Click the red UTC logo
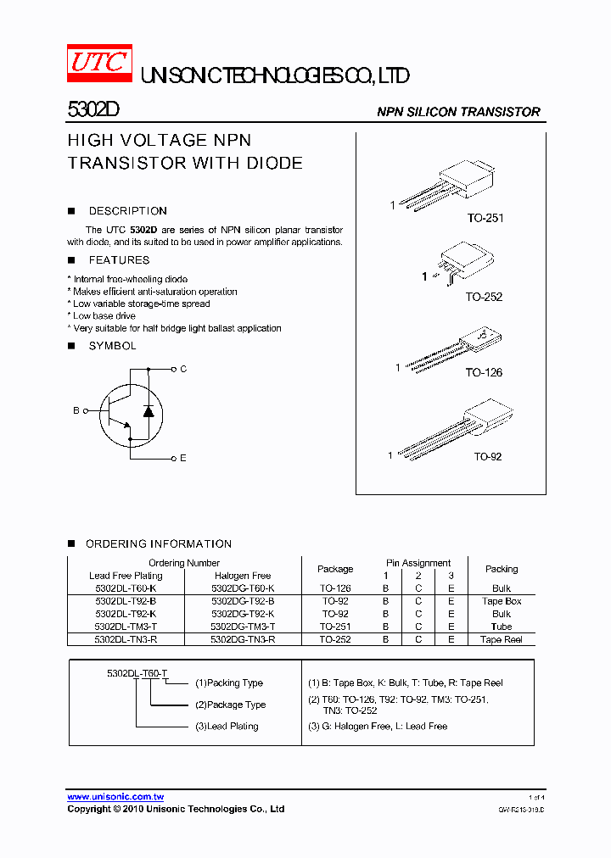tap(99, 64)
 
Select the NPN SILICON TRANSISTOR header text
tap(458, 112)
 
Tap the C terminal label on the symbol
tap(182, 369)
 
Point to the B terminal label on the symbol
tap(76, 410)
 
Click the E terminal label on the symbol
tap(182, 458)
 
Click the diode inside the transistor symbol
tap(149, 411)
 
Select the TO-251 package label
tap(485, 218)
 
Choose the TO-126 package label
tap(484, 372)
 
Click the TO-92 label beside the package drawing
tap(487, 456)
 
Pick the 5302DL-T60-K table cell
tap(126, 588)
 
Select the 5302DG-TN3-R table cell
tap(243, 639)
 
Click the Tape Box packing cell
tap(502, 601)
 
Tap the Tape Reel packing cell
tap(502, 639)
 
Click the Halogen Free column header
tap(243, 576)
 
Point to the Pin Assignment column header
tap(418, 563)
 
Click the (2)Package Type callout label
tap(230, 705)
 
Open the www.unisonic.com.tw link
tap(115, 796)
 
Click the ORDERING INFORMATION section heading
tap(159, 543)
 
